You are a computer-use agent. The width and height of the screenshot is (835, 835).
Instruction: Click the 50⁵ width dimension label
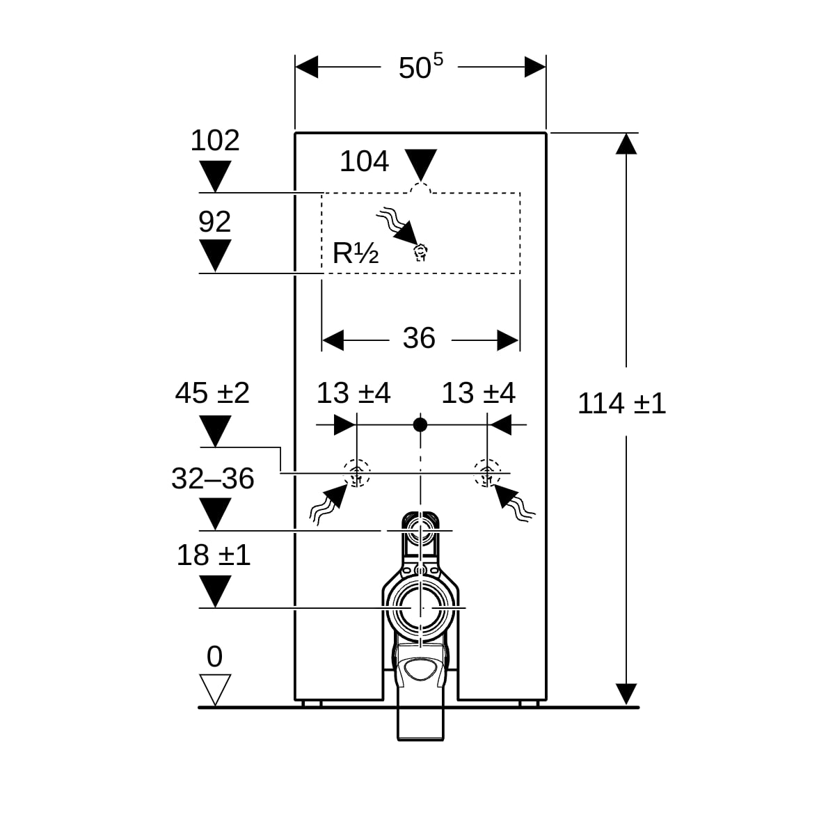[420, 66]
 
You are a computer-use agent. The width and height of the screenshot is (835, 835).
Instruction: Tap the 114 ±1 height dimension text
[621, 404]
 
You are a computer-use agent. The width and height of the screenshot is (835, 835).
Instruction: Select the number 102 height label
[215, 140]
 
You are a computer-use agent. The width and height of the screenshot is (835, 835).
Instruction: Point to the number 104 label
[364, 161]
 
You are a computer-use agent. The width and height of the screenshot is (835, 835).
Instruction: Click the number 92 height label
[214, 221]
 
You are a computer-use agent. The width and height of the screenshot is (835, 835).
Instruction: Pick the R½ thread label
[356, 253]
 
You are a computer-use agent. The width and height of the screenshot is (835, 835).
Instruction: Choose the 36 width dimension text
[419, 337]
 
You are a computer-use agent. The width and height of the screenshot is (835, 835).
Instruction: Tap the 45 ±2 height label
[212, 393]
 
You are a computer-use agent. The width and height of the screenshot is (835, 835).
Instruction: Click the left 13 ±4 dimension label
[353, 393]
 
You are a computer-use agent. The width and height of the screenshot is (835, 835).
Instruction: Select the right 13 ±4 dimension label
[478, 393]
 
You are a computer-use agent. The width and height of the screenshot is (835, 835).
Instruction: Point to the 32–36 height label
[212, 478]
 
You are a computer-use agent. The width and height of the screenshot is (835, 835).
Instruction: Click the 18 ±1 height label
[213, 555]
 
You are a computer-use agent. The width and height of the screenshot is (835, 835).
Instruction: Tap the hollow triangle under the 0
[215, 690]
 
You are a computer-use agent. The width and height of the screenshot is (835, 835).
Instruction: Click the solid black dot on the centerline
[420, 424]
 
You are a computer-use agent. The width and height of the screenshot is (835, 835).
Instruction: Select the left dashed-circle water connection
[357, 473]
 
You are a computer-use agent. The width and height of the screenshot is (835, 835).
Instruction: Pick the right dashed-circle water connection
[487, 473]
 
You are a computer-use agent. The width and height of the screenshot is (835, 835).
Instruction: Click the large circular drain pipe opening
[420, 608]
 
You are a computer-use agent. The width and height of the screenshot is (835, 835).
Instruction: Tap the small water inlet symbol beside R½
[420, 253]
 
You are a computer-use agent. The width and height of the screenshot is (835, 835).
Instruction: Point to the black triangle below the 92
[215, 255]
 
